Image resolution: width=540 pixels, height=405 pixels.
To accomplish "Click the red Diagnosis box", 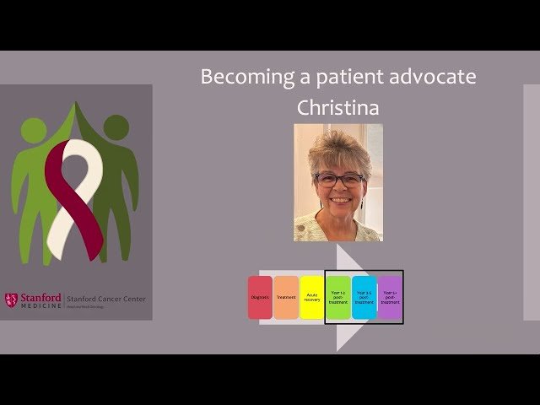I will pyautogui.click(x=260, y=297).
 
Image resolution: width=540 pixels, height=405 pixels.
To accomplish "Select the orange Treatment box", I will pyautogui.click(x=286, y=297).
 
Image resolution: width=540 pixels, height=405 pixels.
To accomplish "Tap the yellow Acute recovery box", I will pyautogui.click(x=312, y=297).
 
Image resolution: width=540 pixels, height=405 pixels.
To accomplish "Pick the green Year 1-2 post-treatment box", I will pyautogui.click(x=338, y=297).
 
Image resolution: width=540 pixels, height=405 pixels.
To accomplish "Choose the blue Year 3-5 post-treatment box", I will pyautogui.click(x=364, y=297).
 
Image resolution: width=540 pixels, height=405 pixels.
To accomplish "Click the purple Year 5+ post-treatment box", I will pyautogui.click(x=390, y=297).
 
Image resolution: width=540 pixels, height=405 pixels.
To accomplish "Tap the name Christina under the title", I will pyautogui.click(x=337, y=109).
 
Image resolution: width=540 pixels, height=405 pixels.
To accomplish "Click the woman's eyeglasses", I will pyautogui.click(x=339, y=180).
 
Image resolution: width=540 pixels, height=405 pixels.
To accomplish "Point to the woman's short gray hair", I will pyautogui.click(x=337, y=145).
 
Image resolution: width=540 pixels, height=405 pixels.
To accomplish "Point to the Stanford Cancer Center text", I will pyautogui.click(x=105, y=299).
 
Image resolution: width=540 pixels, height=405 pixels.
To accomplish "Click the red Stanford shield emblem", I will pyautogui.click(x=11, y=300).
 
